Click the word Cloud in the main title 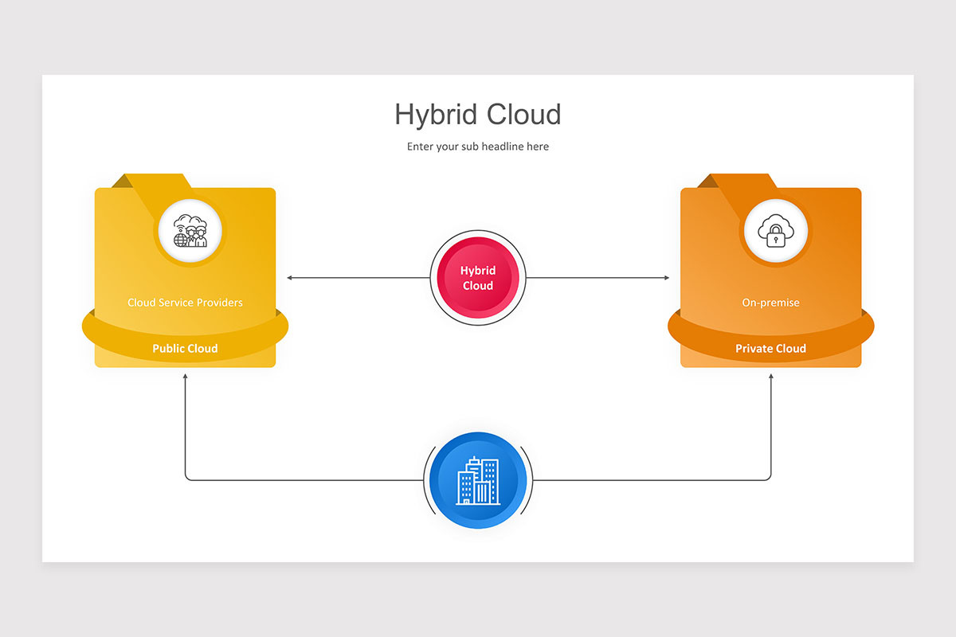tap(524, 115)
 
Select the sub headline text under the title tap(477, 147)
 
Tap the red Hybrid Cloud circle tap(478, 278)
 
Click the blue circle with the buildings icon tap(478, 480)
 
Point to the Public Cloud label tap(185, 348)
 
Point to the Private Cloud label tap(771, 348)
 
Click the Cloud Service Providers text tap(185, 303)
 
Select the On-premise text tap(771, 303)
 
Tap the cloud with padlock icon tap(776, 231)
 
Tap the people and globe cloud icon tap(190, 231)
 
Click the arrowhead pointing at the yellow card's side tap(289, 278)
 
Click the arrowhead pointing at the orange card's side tap(667, 278)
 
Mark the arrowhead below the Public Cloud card tap(185, 377)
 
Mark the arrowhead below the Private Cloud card tap(771, 377)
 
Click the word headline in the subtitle tap(503, 147)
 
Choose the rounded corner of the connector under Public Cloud tap(187, 479)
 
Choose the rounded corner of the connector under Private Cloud tap(769, 479)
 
